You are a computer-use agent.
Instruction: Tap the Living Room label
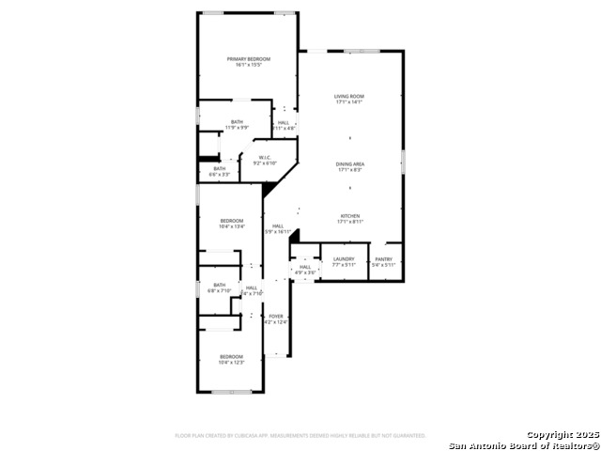[349, 96]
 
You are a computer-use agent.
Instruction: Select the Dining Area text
[349, 164]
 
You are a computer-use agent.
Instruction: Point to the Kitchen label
[349, 215]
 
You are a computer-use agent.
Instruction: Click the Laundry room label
[343, 258]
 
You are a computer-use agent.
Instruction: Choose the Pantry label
[383, 258]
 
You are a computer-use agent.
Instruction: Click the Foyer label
[276, 316]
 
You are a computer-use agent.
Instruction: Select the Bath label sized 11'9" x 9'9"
[238, 121]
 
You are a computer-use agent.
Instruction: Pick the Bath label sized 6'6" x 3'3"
[219, 168]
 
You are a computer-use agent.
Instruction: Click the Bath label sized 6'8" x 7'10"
[219, 285]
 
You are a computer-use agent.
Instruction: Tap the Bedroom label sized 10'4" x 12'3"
[231, 356]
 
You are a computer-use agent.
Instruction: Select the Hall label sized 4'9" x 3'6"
[305, 267]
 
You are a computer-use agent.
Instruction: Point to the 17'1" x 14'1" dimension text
[349, 102]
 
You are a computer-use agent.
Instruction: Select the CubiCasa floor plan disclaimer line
[300, 435]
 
